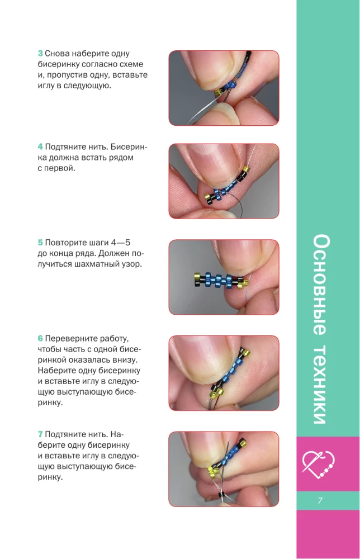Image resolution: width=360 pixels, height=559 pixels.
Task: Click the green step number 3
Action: click(x=40, y=54)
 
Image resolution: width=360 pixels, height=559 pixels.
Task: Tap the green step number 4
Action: click(x=40, y=146)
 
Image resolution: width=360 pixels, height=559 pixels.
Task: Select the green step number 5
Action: click(x=40, y=243)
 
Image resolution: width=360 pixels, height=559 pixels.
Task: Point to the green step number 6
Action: click(x=40, y=339)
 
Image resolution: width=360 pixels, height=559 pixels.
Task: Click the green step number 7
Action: click(x=40, y=434)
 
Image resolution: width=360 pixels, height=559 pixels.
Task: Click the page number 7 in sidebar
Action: click(x=320, y=500)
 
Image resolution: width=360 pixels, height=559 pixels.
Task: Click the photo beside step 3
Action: click(x=224, y=88)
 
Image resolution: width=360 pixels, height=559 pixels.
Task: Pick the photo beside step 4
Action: click(x=224, y=181)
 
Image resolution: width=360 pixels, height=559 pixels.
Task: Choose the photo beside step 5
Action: click(x=224, y=277)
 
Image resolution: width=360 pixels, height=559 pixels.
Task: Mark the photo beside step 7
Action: click(x=224, y=468)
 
